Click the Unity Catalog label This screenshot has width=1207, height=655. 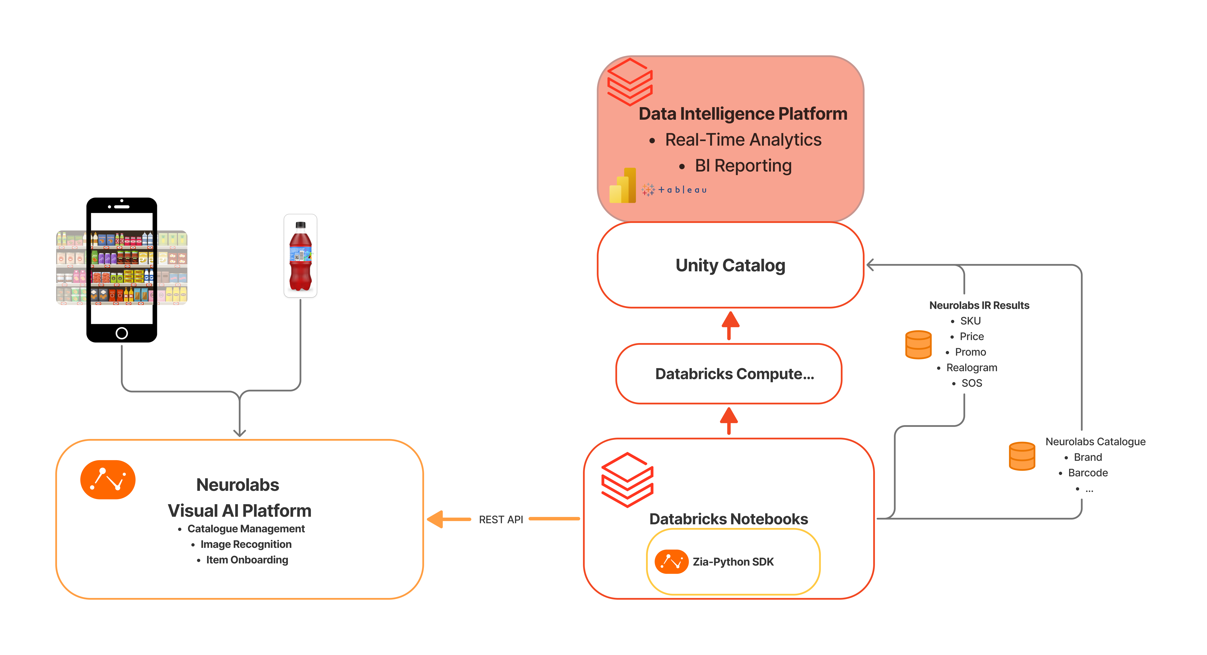point(730,265)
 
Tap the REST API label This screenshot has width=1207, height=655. point(501,520)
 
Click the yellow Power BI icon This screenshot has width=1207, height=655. point(623,186)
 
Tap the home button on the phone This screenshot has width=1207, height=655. point(121,333)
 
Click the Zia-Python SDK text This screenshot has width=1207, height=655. point(733,562)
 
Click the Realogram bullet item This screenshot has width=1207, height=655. point(971,368)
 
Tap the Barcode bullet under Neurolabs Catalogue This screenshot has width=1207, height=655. point(1088,473)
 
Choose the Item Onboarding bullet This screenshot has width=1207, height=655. point(247,560)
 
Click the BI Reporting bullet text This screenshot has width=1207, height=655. point(743,165)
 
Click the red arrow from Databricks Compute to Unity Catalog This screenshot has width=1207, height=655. point(730,324)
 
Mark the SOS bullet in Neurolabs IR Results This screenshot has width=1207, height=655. point(971,383)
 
